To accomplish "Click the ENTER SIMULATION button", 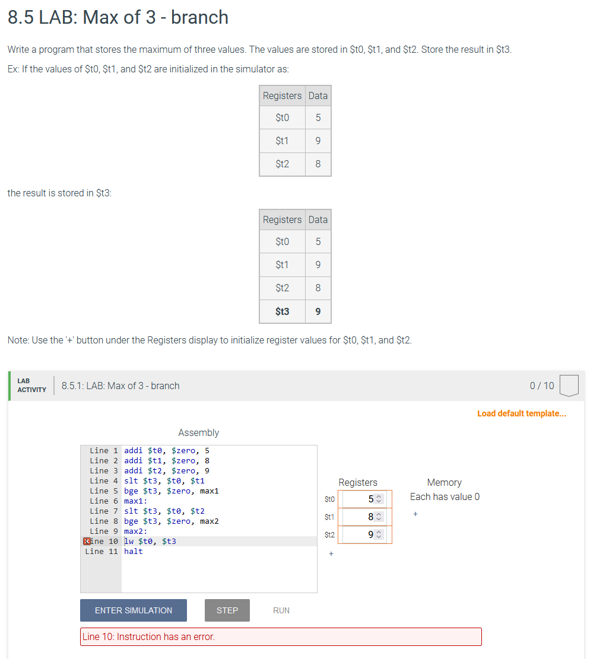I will point(134,610).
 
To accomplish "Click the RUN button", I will point(281,610).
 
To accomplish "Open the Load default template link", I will point(522,413).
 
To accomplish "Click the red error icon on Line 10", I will point(87,541).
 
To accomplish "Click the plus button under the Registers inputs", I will point(331,554).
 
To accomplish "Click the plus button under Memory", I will point(415,514).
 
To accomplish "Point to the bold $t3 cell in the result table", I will point(283,311).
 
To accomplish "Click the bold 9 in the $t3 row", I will point(318,311).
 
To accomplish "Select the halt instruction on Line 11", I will point(134,551).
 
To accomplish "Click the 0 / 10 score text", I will point(542,386).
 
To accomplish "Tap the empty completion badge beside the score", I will point(569,386).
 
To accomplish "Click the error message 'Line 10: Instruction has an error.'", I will point(148,636).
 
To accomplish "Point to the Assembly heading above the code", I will point(198,433).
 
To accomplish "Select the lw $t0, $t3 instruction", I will point(150,541).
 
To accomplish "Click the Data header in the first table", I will point(318,95).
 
